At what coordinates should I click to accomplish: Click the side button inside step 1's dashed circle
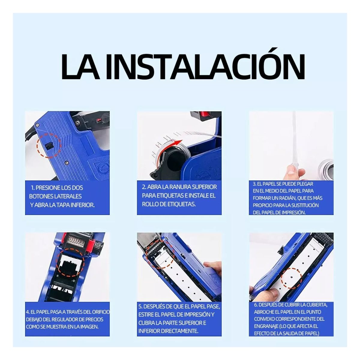click(48, 146)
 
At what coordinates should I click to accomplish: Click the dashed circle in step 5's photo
click(159, 255)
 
